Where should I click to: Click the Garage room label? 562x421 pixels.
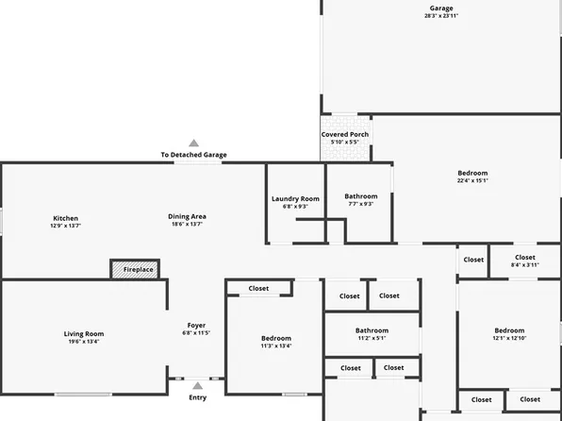[x=442, y=8]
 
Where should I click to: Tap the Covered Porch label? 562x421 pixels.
[x=345, y=134]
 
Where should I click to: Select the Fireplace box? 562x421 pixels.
[x=135, y=269]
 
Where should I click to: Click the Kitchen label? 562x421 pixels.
[x=66, y=218]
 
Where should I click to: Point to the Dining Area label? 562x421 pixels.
[x=188, y=216]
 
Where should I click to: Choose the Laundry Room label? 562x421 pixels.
[x=295, y=198]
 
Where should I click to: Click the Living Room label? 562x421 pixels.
[x=84, y=333]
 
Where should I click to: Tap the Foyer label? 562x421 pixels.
[x=196, y=326]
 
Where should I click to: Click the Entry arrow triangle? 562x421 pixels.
[x=197, y=385]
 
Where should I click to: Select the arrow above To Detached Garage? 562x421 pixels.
[x=194, y=143]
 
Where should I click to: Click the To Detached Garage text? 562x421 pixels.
[x=193, y=155]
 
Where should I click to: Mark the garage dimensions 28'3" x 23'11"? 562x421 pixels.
[x=442, y=16]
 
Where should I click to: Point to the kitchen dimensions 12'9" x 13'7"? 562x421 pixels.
[x=66, y=226]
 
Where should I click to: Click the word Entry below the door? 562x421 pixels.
[x=197, y=397]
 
